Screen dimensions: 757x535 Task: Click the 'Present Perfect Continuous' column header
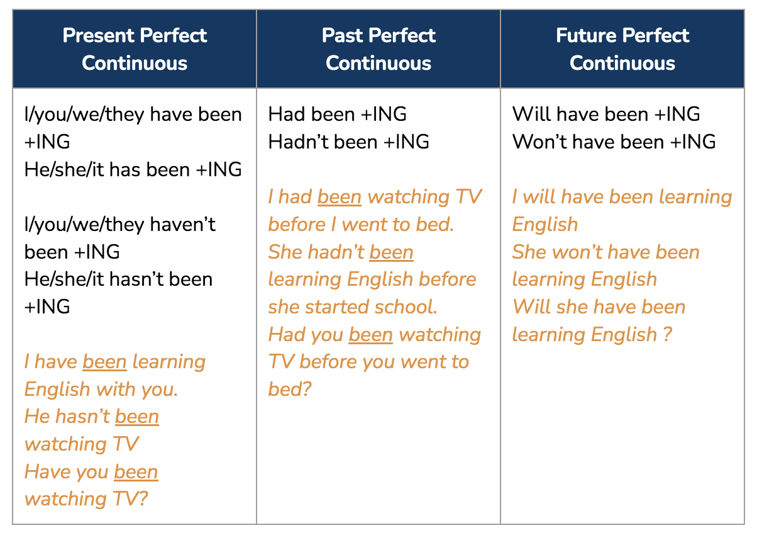135,49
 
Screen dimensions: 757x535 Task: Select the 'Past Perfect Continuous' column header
378,49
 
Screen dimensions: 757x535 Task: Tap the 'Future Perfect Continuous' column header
622,49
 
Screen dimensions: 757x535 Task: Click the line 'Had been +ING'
337,114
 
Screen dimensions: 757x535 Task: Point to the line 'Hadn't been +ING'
349,142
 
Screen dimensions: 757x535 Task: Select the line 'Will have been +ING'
606,114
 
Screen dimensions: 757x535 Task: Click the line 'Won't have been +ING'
614,142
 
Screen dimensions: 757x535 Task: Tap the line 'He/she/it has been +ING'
133,169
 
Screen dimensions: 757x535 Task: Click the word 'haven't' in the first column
183,224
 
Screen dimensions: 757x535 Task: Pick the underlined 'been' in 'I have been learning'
105,362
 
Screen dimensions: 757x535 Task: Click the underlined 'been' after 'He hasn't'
137,417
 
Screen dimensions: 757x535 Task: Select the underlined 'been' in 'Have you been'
136,472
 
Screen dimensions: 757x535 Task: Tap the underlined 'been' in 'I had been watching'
340,197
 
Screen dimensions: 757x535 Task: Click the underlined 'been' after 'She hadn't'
391,252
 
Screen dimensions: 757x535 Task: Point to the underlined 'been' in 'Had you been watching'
371,335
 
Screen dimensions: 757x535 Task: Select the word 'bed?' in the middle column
290,389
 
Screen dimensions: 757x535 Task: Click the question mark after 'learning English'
667,335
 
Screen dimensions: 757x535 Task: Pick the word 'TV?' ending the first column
130,499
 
